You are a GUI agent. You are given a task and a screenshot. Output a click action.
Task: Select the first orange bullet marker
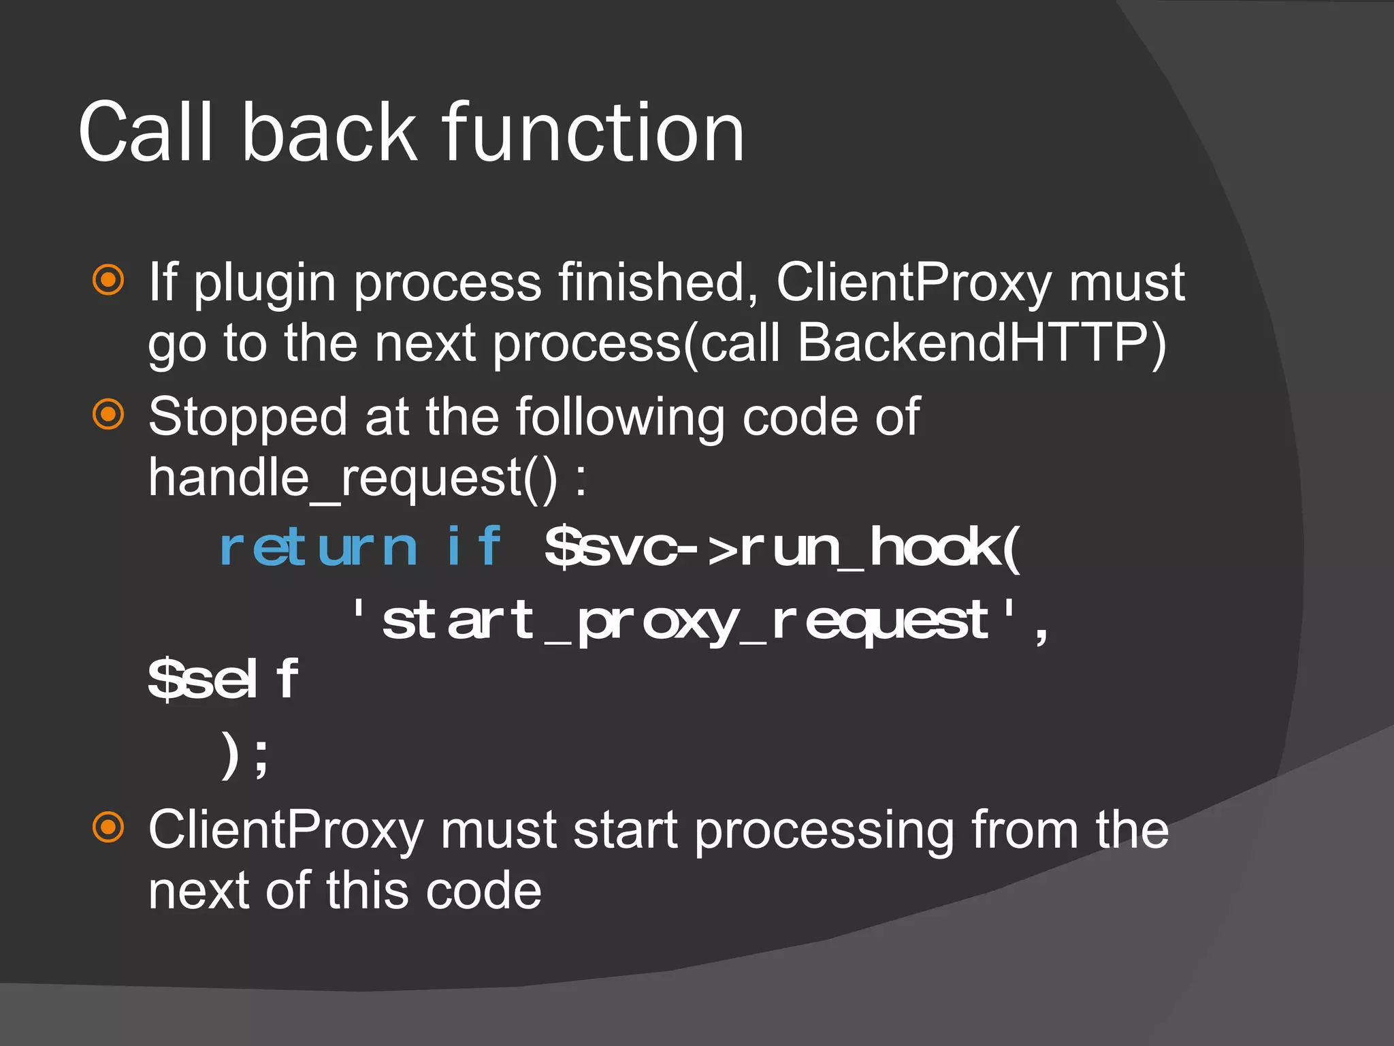click(108, 280)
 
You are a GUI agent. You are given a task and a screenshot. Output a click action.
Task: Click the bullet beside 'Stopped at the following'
click(108, 415)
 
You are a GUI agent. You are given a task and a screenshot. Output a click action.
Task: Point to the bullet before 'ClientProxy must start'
click(108, 827)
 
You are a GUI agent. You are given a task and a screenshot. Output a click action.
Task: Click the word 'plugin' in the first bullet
click(265, 283)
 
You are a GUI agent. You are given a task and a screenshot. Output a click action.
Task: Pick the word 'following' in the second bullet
click(620, 417)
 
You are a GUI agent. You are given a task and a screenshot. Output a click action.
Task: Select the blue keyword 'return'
click(317, 548)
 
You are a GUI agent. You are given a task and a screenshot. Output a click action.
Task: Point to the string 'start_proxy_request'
click(685, 621)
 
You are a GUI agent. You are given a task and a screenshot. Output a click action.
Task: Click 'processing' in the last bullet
click(824, 831)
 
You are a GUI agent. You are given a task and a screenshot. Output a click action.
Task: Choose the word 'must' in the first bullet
click(1126, 282)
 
